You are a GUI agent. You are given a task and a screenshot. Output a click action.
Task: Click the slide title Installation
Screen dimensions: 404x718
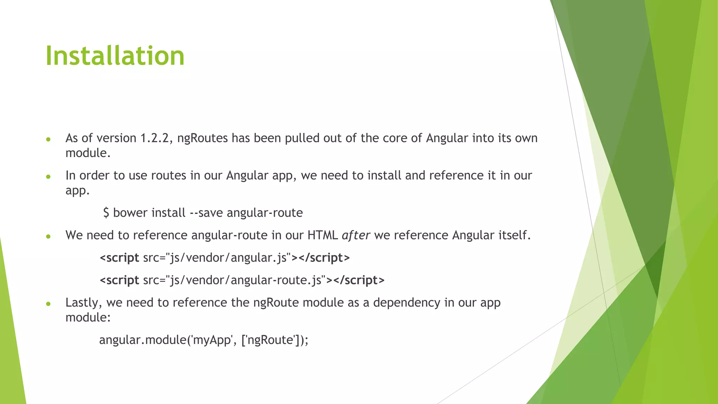click(x=115, y=56)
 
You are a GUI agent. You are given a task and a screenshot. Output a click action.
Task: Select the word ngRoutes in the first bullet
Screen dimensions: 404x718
click(x=203, y=138)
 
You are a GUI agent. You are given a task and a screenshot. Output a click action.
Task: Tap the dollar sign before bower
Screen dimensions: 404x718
click(x=106, y=213)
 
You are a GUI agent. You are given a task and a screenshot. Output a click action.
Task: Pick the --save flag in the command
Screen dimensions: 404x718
click(x=206, y=213)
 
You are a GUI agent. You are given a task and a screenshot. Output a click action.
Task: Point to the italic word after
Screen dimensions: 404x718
click(x=355, y=235)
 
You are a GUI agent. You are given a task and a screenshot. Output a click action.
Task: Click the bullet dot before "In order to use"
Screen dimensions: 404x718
click(x=48, y=177)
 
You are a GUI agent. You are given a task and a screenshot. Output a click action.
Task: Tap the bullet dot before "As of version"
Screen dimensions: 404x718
click(x=48, y=140)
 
